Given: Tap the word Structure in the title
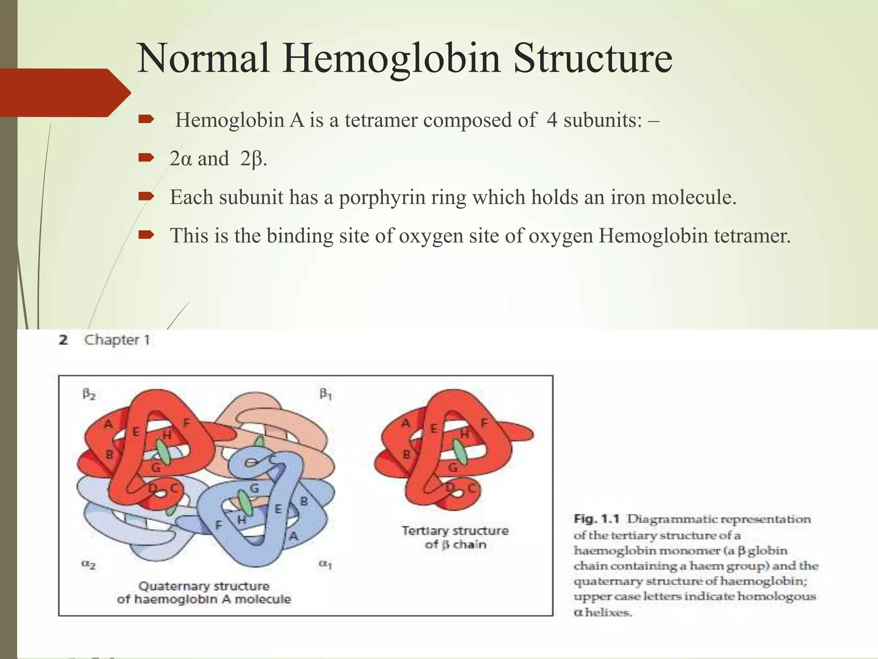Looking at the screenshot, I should [x=592, y=59].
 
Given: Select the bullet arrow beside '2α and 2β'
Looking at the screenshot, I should [x=146, y=158].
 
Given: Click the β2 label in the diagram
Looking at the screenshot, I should [x=89, y=394].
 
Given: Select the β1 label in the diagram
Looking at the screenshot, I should [x=325, y=393].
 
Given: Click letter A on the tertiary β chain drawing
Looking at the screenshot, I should [x=406, y=423].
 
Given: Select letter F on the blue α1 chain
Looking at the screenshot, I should [x=219, y=525].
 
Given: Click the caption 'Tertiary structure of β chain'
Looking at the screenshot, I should [x=455, y=538].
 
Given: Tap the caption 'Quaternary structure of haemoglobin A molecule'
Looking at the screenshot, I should [x=204, y=592].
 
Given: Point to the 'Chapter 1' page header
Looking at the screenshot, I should [x=117, y=340].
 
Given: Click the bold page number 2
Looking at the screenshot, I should [x=63, y=340].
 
